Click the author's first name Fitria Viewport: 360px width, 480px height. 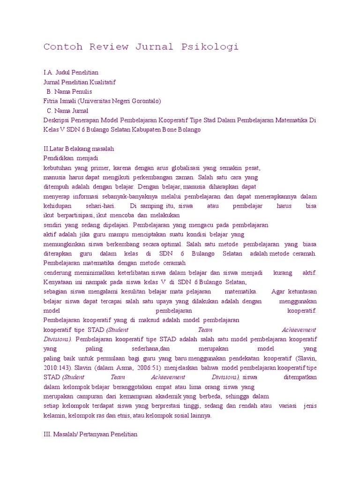(x=51, y=101)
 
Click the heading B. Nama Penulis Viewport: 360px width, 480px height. (x=69, y=91)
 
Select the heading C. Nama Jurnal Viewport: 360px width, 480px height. (x=69, y=111)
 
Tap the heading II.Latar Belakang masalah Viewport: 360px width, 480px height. (x=79, y=149)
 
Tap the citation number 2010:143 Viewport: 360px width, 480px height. (x=57, y=368)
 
